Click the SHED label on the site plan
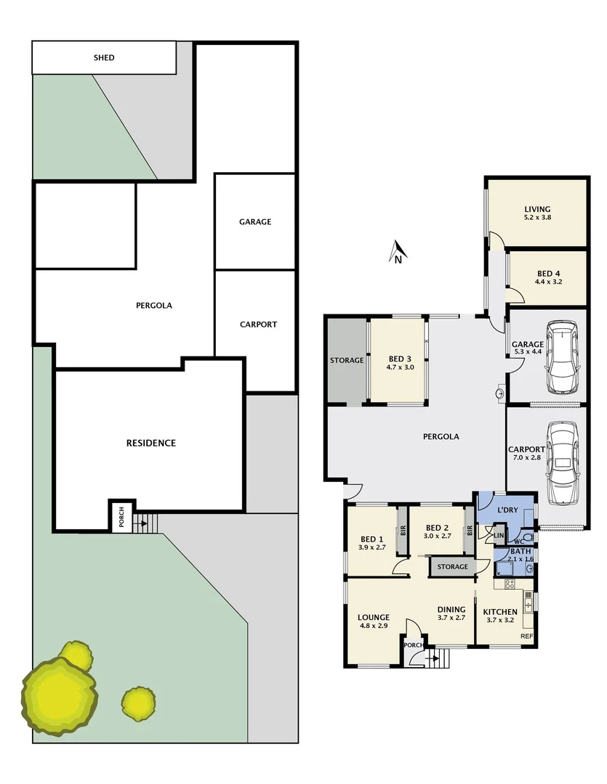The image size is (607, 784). point(104,58)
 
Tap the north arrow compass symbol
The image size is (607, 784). point(398,253)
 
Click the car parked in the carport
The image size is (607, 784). point(562,463)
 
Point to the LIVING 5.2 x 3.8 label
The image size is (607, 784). point(537,212)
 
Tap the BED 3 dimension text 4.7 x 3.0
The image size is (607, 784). point(399,368)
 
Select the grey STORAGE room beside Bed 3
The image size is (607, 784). point(347,360)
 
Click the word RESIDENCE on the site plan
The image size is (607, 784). point(150,443)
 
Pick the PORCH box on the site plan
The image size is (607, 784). point(121,517)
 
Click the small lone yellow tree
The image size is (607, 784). point(137,702)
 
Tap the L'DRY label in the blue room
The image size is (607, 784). point(507,510)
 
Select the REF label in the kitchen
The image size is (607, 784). point(526,637)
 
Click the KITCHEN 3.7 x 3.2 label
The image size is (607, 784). point(500,616)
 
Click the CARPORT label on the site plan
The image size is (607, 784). point(258,324)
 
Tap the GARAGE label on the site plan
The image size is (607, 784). point(254,221)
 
